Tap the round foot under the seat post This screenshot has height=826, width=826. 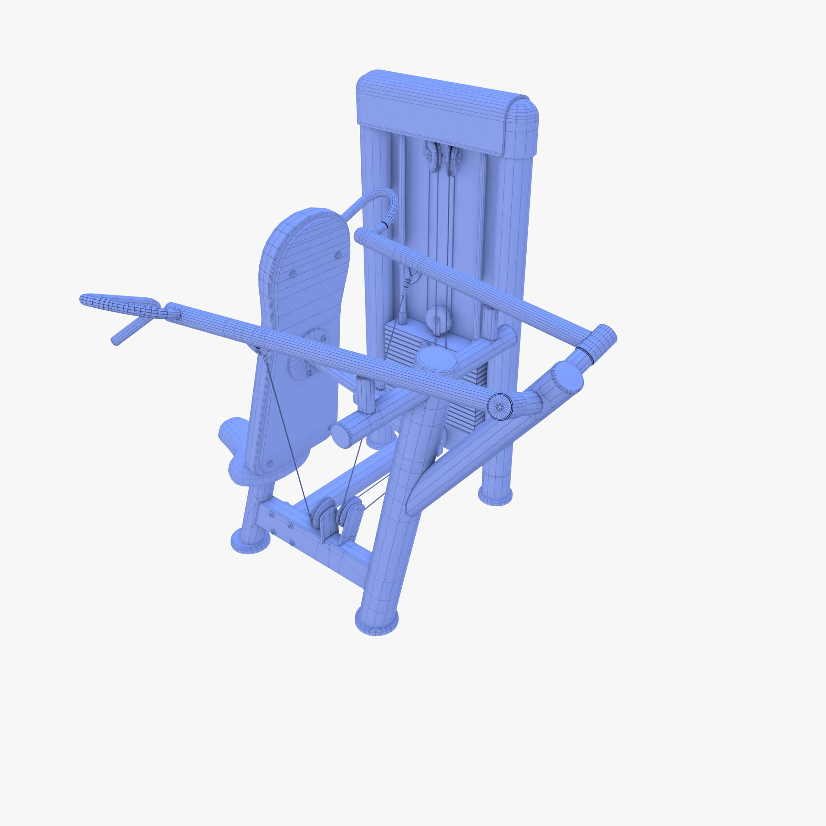click(x=250, y=541)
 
